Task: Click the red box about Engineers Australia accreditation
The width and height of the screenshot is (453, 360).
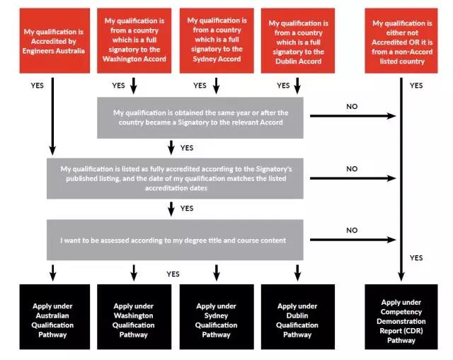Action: (55, 41)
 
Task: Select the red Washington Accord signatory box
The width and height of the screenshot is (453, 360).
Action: (134, 41)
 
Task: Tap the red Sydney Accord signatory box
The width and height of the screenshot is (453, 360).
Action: (217, 41)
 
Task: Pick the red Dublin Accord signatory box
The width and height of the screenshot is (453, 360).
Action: (298, 41)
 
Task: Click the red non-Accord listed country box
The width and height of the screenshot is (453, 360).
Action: (401, 41)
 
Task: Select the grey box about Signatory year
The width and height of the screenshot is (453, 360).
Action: (200, 118)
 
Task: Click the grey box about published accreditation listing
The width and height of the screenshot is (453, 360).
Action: (175, 178)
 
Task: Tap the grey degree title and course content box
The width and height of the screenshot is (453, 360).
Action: (175, 240)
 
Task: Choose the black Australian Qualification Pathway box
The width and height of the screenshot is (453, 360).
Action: (55, 317)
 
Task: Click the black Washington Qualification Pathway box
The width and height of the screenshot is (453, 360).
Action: (134, 317)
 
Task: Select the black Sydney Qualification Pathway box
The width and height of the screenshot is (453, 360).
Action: (217, 317)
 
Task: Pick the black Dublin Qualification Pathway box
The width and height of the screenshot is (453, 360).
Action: (298, 317)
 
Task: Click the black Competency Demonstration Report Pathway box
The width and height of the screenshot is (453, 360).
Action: (401, 317)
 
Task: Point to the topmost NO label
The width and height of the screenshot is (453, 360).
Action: (352, 107)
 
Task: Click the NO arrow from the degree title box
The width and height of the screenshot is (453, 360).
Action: (352, 240)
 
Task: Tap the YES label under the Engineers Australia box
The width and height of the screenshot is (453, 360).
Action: (38, 86)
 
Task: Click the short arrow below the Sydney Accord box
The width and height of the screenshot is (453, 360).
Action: (216, 86)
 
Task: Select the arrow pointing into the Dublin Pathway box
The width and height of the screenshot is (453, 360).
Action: (297, 272)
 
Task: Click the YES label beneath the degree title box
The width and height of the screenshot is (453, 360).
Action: (173, 274)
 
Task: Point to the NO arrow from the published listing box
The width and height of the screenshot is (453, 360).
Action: (352, 178)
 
